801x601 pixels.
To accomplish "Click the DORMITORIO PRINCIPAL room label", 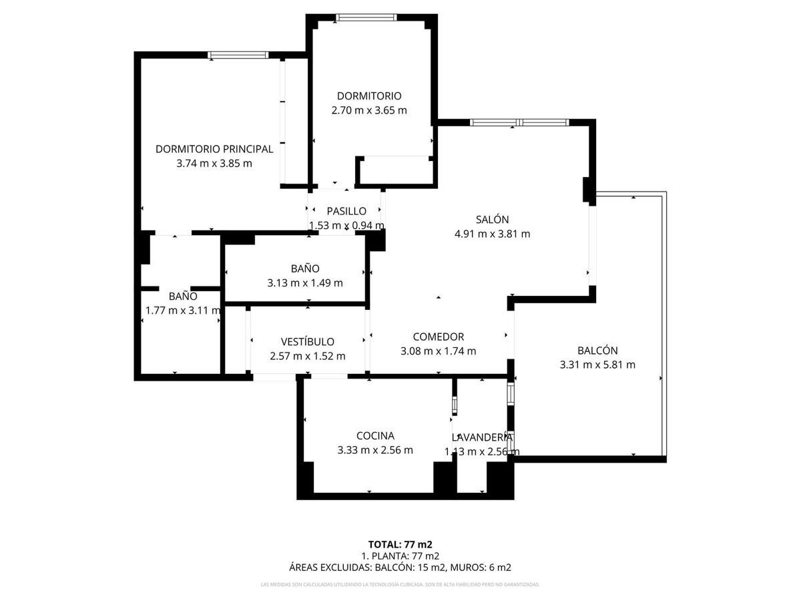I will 214,149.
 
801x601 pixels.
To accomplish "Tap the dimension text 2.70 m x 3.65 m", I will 369,110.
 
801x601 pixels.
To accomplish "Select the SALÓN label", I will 492,219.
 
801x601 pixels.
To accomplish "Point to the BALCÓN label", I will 597,350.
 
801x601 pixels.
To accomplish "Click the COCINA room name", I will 375,435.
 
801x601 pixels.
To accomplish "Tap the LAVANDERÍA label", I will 482,437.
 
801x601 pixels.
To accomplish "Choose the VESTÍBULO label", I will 308,341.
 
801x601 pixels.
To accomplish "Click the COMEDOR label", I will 438,337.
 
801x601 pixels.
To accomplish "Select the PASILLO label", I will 346,211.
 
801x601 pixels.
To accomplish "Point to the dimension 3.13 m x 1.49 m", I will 305,282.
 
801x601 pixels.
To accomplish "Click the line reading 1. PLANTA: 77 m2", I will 400,556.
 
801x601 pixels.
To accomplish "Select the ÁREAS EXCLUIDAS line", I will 400,568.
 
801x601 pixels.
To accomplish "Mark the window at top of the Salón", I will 519,122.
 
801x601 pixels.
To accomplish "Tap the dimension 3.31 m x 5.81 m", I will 597,365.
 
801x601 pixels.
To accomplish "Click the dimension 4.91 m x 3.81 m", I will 492,234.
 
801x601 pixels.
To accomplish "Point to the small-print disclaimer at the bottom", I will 400,585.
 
